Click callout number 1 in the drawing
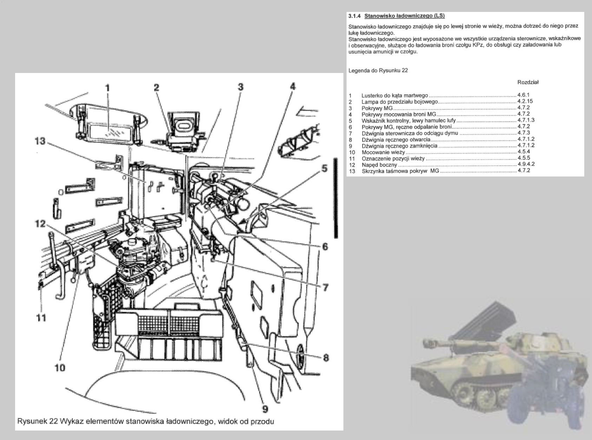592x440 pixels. pos(107,87)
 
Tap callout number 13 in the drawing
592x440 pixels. pos(40,141)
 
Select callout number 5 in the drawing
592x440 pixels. pos(324,169)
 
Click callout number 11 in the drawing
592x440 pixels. pos(41,318)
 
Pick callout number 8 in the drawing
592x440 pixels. pos(325,358)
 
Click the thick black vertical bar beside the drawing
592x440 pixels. pos(336,198)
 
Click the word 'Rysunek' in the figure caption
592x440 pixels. pos(32,421)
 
